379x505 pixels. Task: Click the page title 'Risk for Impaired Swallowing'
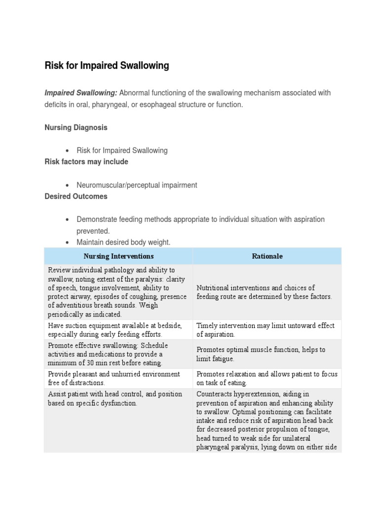pyautogui.click(x=107, y=66)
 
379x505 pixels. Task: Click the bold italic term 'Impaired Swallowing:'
pyautogui.click(x=81, y=93)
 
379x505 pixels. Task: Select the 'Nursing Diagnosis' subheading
pyautogui.click(x=76, y=127)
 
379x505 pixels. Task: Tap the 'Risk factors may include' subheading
pyautogui.click(x=86, y=162)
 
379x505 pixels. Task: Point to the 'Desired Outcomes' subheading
pyautogui.click(x=76, y=196)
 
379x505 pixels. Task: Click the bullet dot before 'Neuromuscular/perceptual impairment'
pyautogui.click(x=67, y=185)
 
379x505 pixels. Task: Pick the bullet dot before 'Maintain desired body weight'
pyautogui.click(x=67, y=242)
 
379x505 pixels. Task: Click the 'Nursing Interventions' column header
pyautogui.click(x=118, y=256)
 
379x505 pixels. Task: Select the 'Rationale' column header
pyautogui.click(x=267, y=256)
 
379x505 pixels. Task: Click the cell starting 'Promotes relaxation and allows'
pyautogui.click(x=267, y=378)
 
